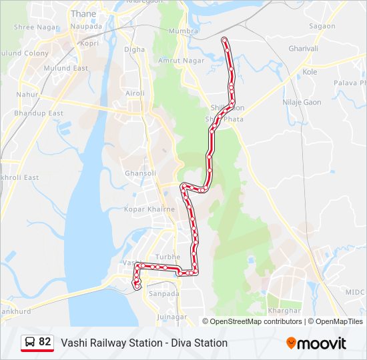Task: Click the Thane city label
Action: [83, 13]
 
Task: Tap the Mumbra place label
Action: [184, 31]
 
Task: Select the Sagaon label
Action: [322, 26]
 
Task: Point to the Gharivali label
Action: [304, 49]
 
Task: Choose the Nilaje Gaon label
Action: [302, 103]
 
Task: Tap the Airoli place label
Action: [135, 93]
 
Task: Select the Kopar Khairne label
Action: [149, 209]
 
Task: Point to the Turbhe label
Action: [167, 257]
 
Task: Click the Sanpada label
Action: [164, 293]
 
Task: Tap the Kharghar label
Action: [280, 311]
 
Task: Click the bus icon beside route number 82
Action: [30, 343]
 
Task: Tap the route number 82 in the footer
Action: [45, 342]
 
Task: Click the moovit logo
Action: [316, 343]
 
